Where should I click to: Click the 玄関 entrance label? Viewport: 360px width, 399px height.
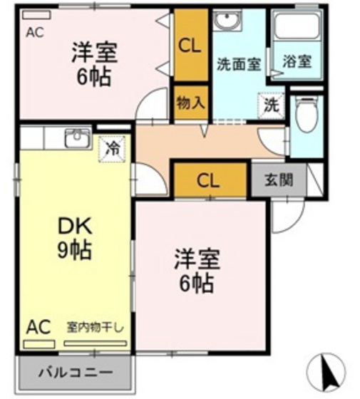point(279,180)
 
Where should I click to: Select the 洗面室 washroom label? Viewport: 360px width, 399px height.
point(238,63)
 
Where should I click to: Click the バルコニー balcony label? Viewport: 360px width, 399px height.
point(75,373)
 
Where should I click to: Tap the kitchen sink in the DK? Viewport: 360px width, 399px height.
point(76,138)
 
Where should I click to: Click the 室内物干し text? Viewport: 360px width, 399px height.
point(96,327)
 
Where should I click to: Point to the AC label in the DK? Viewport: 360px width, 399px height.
point(39,327)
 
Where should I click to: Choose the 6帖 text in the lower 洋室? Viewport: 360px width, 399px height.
point(196,284)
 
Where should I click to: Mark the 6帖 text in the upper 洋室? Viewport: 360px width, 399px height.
point(93,76)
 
